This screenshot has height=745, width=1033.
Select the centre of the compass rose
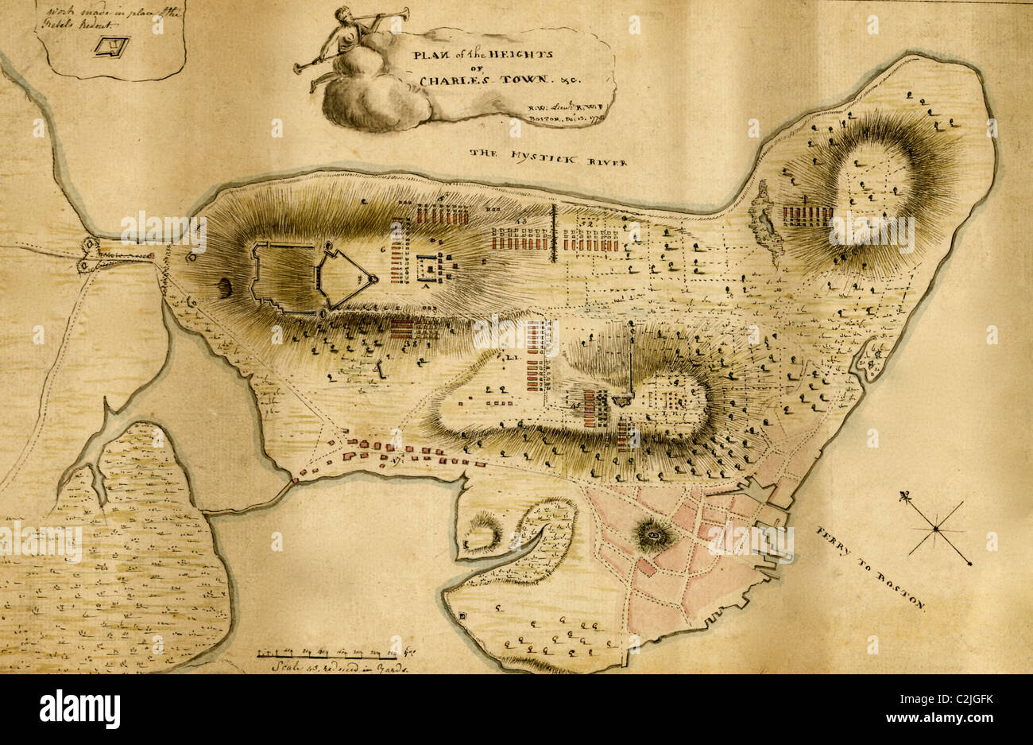pyautogui.click(x=936, y=529)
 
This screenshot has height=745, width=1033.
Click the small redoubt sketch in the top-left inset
pyautogui.click(x=110, y=46)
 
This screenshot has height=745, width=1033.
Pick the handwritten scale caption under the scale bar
pyautogui.click(x=331, y=669)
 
